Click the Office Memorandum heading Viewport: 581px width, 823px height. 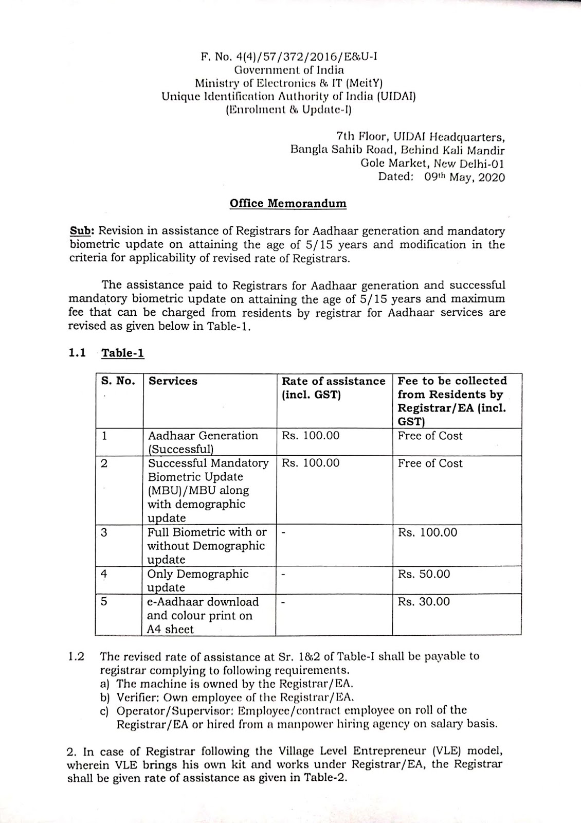(x=288, y=203)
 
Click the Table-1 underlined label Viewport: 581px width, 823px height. (x=123, y=353)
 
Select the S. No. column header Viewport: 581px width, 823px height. (x=118, y=381)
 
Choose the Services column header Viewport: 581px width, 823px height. (x=173, y=381)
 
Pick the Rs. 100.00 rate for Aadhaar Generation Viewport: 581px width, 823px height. (x=311, y=436)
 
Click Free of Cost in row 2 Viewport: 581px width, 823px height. (x=430, y=463)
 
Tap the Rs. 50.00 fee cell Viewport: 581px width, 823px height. (x=424, y=574)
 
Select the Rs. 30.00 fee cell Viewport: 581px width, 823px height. (x=424, y=602)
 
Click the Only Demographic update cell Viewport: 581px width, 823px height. (x=198, y=580)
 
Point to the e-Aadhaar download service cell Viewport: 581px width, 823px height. (x=203, y=615)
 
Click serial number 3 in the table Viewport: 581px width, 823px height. (x=104, y=532)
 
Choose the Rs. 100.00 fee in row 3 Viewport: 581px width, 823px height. (x=427, y=532)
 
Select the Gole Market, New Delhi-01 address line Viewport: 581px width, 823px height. (x=432, y=164)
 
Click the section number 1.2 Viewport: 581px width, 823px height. (x=76, y=657)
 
